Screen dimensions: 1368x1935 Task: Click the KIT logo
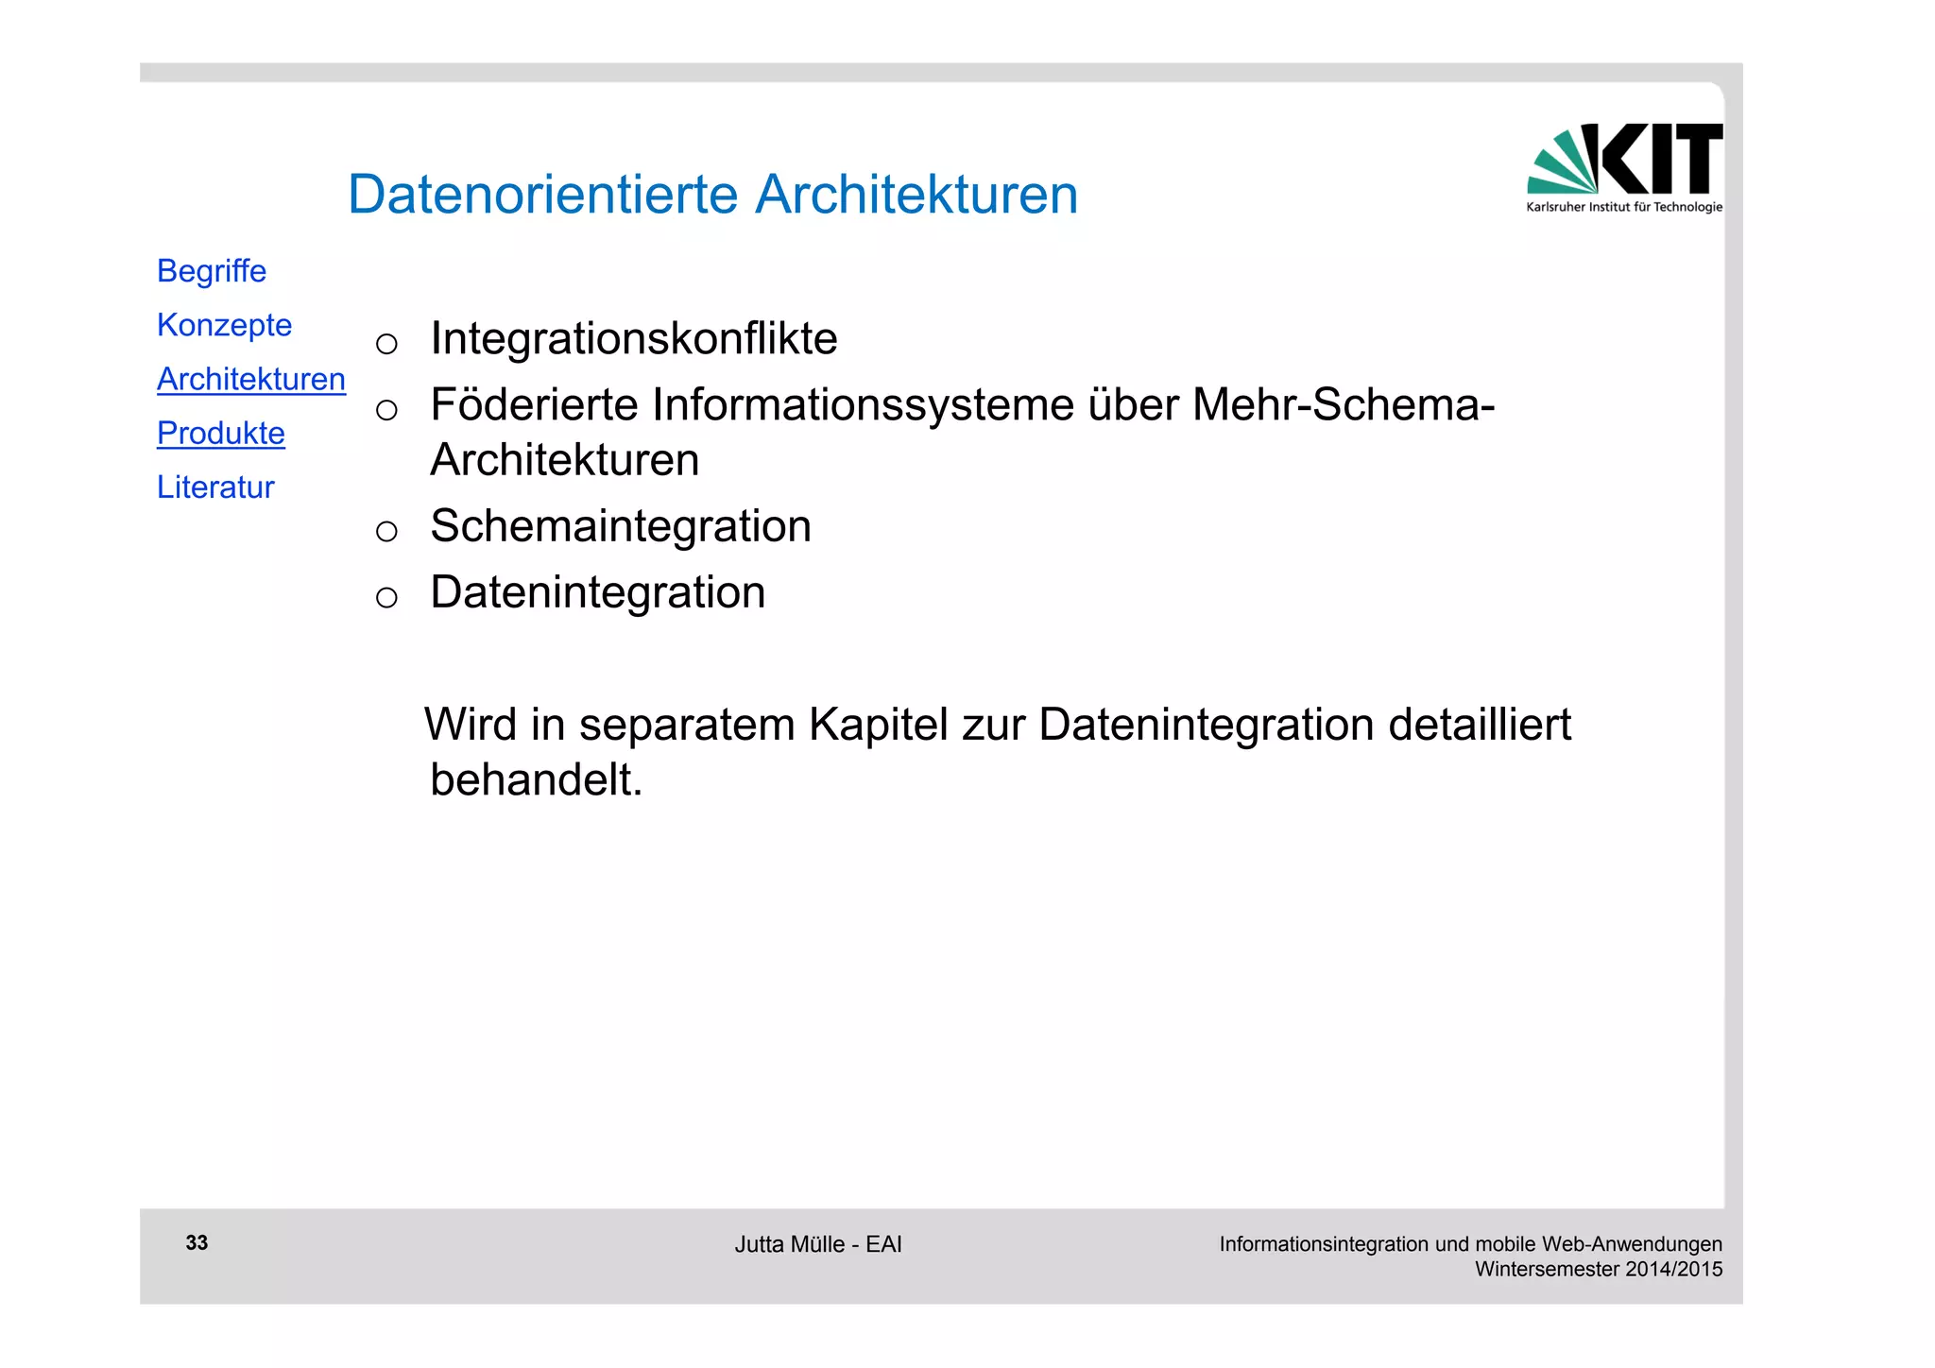pos(1624,166)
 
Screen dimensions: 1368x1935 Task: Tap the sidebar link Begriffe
pos(212,271)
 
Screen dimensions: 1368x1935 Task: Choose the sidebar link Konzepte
pos(224,325)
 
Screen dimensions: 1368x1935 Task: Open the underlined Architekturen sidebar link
pos(251,379)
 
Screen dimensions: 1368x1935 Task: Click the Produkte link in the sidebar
pos(221,433)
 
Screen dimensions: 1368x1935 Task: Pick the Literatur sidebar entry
pos(215,487)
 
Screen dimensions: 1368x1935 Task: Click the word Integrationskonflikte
pos(633,338)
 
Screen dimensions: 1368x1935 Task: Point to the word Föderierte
pos(532,404)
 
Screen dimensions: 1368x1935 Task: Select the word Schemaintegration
pos(620,525)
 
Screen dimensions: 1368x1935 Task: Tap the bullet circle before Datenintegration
pos(386,597)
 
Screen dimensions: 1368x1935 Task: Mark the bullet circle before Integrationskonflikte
pos(386,343)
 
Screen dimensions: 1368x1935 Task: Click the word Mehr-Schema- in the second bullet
pos(1343,404)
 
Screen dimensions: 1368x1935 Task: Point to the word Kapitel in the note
pos(878,725)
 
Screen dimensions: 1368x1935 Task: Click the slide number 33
pos(197,1242)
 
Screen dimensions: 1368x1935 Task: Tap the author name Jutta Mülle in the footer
pos(789,1244)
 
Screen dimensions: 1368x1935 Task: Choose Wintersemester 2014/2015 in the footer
pos(1598,1269)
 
